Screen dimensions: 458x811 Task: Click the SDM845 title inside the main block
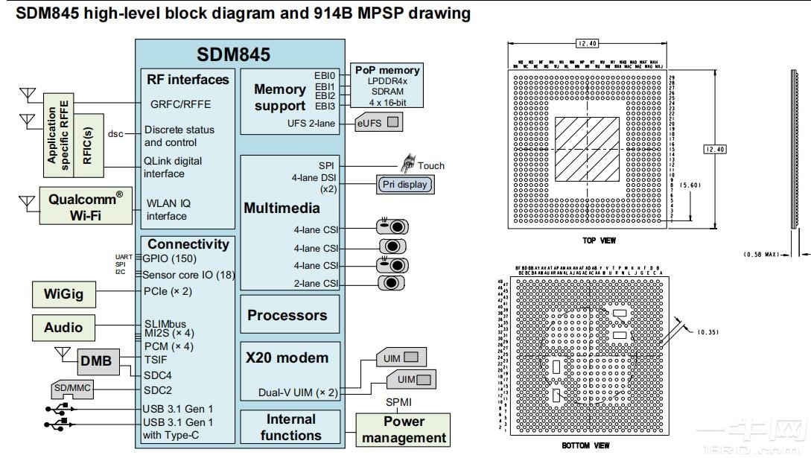pyautogui.click(x=233, y=54)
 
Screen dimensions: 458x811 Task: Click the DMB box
pyautogui.click(x=96, y=361)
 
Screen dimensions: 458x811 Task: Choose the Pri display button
pyautogui.click(x=404, y=183)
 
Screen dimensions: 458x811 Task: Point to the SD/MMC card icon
pyautogui.click(x=71, y=389)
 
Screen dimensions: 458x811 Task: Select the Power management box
pyautogui.click(x=403, y=430)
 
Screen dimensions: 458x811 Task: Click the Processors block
pyautogui.click(x=287, y=315)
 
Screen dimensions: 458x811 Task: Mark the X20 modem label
pyautogui.click(x=287, y=357)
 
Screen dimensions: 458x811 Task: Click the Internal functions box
pyautogui.click(x=290, y=427)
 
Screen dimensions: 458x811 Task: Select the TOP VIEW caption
pyautogui.click(x=599, y=241)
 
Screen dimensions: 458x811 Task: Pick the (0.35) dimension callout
pyautogui.click(x=707, y=331)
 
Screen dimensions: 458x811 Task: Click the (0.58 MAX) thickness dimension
pyautogui.click(x=760, y=255)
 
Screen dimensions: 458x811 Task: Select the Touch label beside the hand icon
pyautogui.click(x=430, y=165)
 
